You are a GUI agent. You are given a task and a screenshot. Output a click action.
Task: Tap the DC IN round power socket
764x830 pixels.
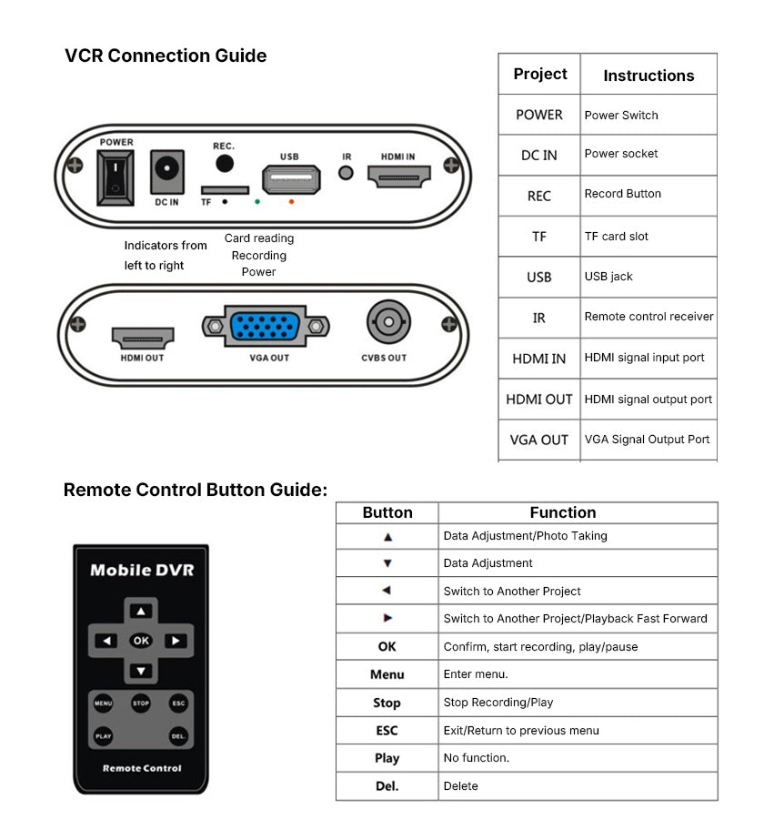point(166,170)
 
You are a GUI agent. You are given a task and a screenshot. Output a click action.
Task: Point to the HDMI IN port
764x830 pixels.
point(397,176)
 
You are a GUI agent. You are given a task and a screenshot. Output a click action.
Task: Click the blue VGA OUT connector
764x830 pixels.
point(266,327)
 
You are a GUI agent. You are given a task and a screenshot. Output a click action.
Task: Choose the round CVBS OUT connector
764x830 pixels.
point(388,322)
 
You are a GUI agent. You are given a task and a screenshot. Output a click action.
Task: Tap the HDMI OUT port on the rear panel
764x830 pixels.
point(143,336)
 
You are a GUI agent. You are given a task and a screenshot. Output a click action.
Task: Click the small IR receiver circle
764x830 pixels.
point(346,173)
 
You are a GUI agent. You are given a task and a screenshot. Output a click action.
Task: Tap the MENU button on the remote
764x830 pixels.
point(103,703)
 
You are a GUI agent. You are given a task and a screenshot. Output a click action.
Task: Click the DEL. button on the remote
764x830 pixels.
point(178,735)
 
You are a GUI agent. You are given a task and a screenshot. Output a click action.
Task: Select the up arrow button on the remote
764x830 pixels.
point(140,612)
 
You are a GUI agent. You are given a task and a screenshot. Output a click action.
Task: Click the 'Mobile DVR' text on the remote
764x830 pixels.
point(141,571)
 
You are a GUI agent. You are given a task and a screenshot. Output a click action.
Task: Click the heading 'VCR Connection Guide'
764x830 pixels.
point(166,56)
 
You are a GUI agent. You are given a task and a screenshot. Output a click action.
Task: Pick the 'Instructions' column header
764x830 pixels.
point(648,76)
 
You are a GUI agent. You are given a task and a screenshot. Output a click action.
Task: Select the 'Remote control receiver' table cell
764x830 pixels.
point(648,317)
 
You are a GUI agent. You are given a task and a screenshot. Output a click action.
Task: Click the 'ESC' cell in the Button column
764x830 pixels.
point(387,731)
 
